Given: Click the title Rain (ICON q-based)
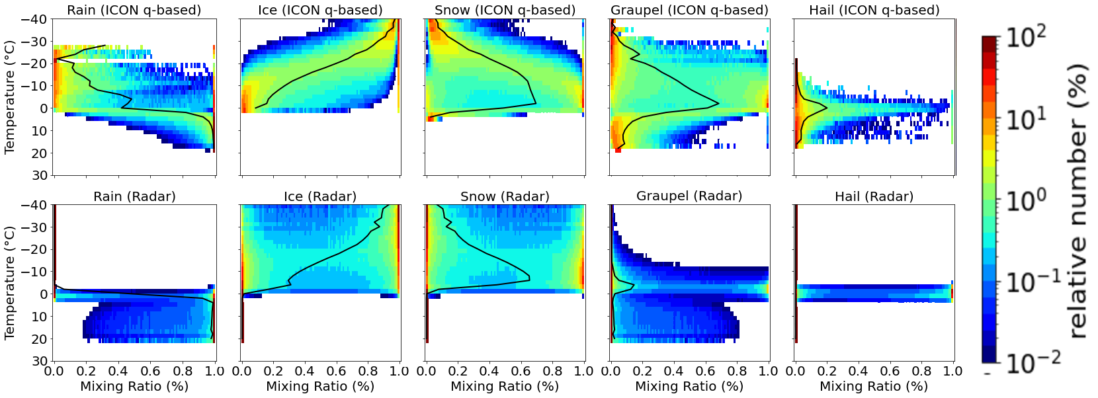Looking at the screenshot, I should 134,10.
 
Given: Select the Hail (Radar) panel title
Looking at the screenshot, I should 874,196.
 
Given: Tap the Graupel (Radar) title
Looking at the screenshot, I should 689,196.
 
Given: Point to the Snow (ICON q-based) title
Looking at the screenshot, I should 505,10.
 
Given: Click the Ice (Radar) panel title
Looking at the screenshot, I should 320,196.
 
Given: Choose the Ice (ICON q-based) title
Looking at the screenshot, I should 320,10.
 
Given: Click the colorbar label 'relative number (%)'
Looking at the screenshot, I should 1077,201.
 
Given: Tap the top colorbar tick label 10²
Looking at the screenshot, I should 1026,38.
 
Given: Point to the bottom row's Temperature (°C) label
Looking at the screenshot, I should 9,283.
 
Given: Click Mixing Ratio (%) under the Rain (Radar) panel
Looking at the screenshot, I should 134,386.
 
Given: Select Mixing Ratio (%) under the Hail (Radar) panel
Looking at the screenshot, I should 874,386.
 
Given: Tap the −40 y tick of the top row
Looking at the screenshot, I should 34,19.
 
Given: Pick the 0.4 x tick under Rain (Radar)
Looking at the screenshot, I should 118,371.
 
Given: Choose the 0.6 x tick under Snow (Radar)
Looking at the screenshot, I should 521,371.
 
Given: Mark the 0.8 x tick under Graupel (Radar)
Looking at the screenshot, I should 737,371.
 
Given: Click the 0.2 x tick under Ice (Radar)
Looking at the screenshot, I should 273,371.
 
